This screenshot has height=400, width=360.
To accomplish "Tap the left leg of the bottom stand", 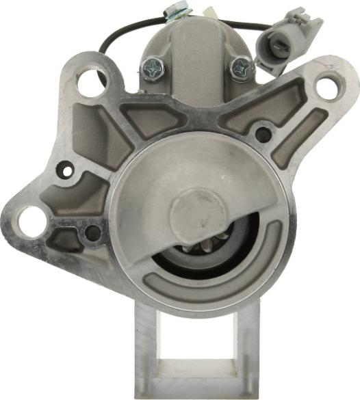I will [x=146, y=349].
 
